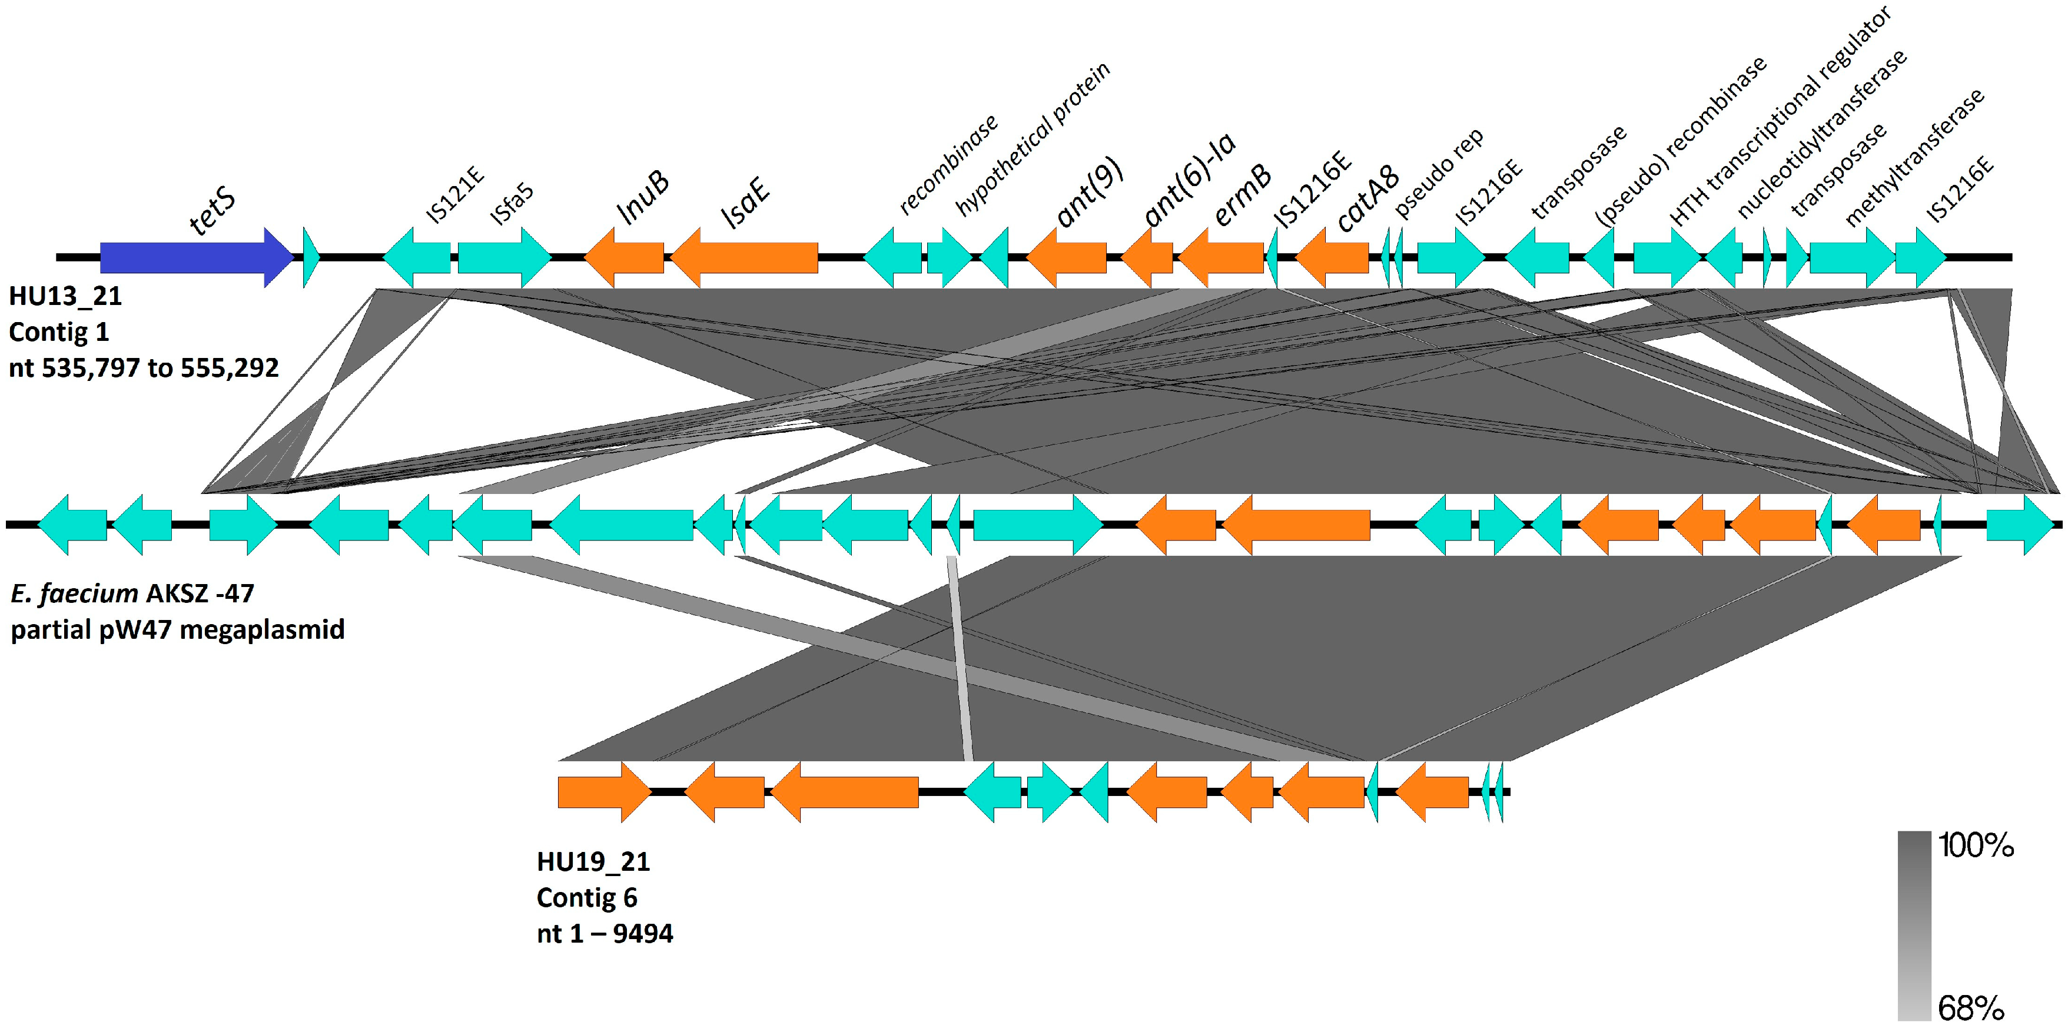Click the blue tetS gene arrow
point(192,257)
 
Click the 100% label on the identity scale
point(1976,845)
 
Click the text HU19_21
point(593,862)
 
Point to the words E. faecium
point(74,593)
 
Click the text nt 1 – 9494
point(605,933)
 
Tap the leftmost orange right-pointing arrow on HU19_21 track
point(603,792)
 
